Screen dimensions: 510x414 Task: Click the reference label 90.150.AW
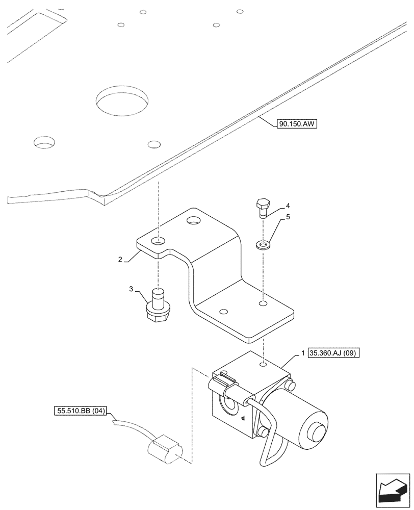297,123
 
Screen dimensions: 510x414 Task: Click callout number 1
303,353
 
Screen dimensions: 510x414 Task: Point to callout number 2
120,260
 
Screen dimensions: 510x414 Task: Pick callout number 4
288,206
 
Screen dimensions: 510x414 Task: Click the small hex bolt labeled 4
263,207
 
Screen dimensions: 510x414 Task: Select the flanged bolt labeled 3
158,307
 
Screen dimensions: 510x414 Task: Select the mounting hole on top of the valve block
262,365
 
